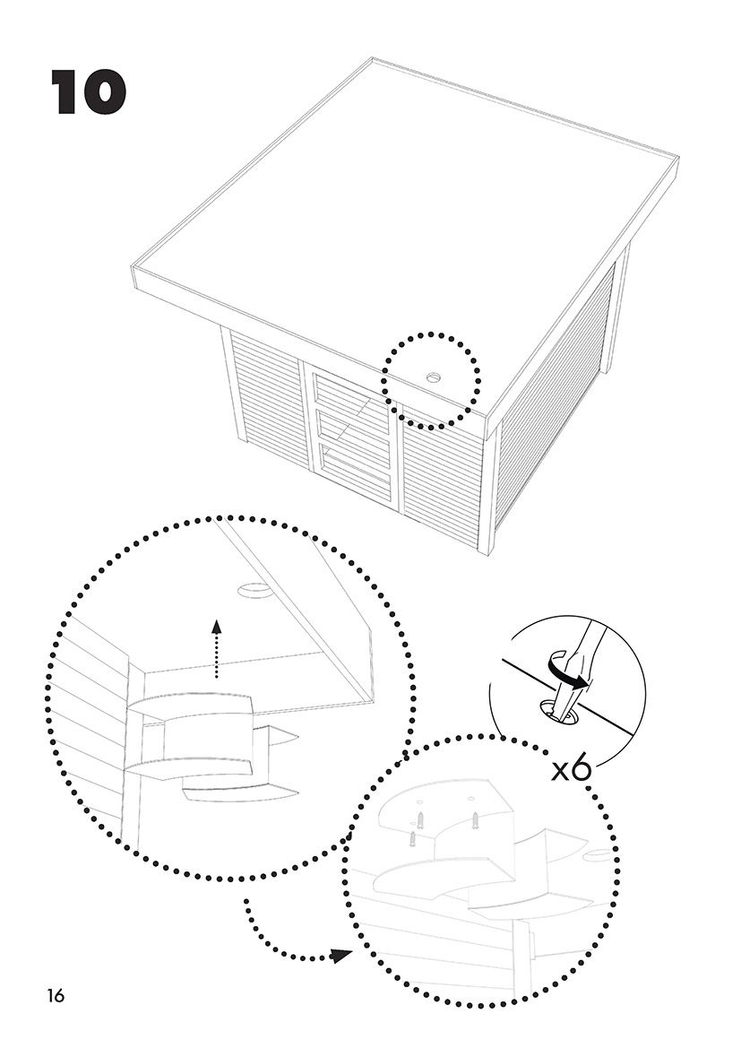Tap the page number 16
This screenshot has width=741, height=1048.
56,995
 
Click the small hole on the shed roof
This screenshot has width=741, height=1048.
433,378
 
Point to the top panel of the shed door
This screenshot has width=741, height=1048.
352,398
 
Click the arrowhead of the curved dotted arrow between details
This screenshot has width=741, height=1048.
339,956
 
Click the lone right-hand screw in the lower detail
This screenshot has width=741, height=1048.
475,819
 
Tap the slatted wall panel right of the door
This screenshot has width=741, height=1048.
442,471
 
